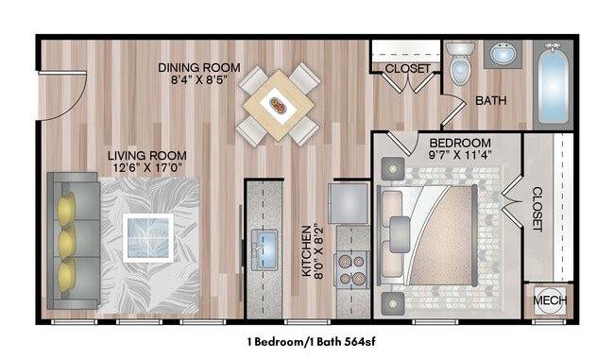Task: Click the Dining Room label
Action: click(199, 68)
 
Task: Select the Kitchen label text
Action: click(307, 250)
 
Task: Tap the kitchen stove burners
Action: click(352, 269)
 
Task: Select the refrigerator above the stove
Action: click(348, 204)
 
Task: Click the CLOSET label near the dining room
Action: click(408, 69)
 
